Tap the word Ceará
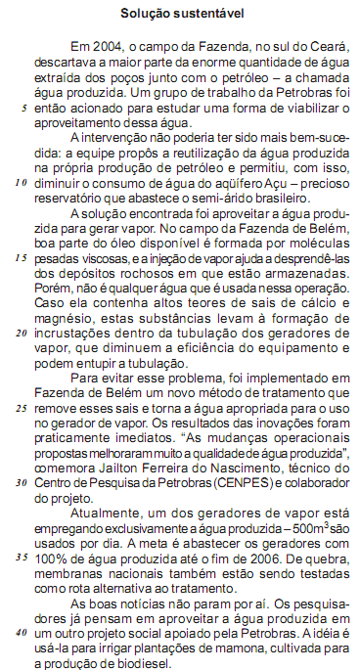pyautogui.click(x=333, y=46)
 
